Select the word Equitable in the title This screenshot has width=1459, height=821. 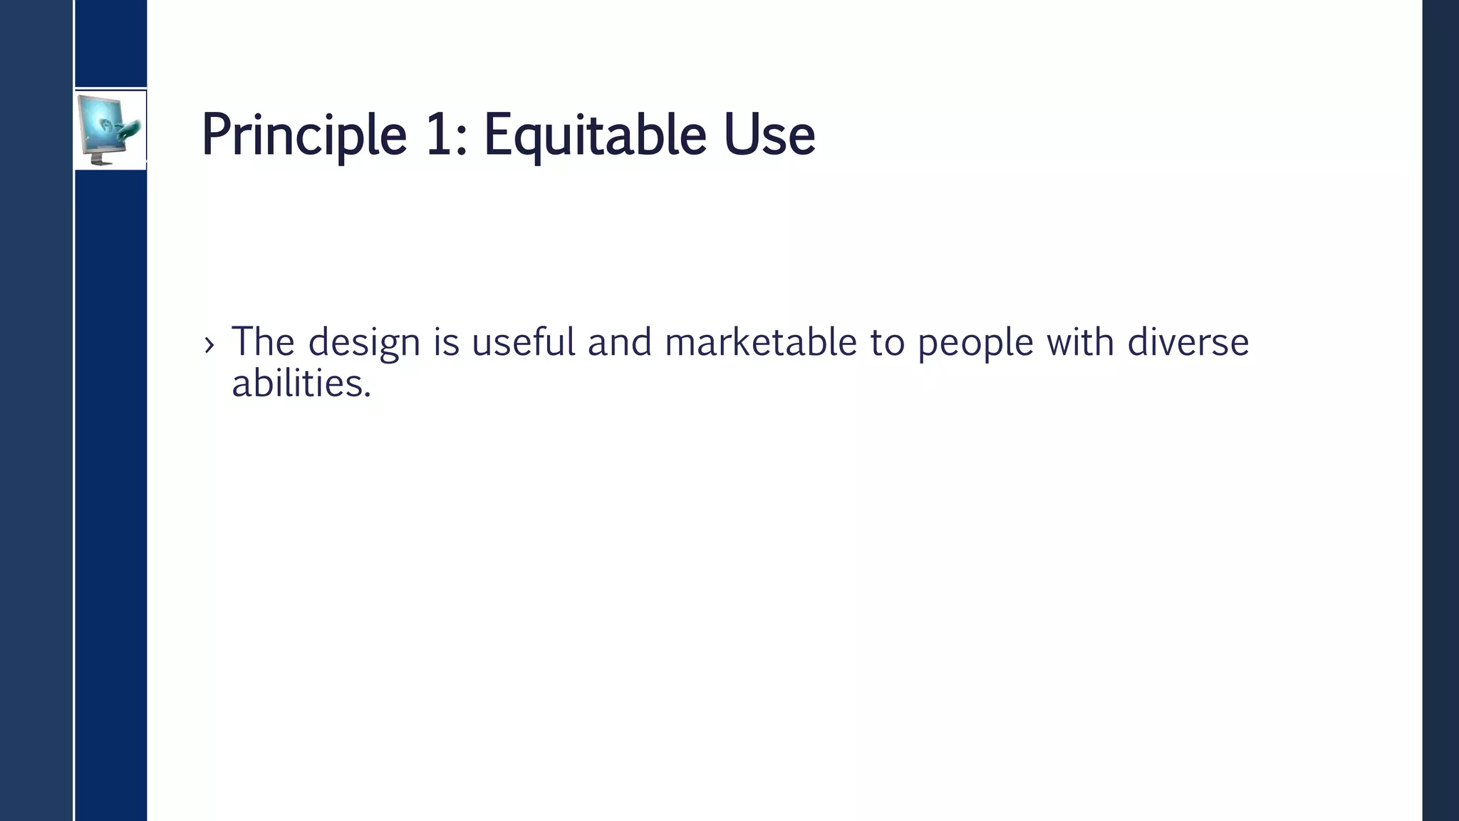coord(595,135)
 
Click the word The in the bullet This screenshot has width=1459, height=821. coord(263,341)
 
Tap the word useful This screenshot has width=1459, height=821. coord(523,341)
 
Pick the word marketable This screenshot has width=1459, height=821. coord(760,341)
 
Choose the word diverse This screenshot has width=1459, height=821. coord(1188,341)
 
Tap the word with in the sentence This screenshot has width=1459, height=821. coord(1080,341)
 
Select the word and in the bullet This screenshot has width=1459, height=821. coord(619,341)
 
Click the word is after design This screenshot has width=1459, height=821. coord(447,341)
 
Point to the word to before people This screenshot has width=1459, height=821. coord(887,342)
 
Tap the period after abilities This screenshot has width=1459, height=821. coord(368,394)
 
